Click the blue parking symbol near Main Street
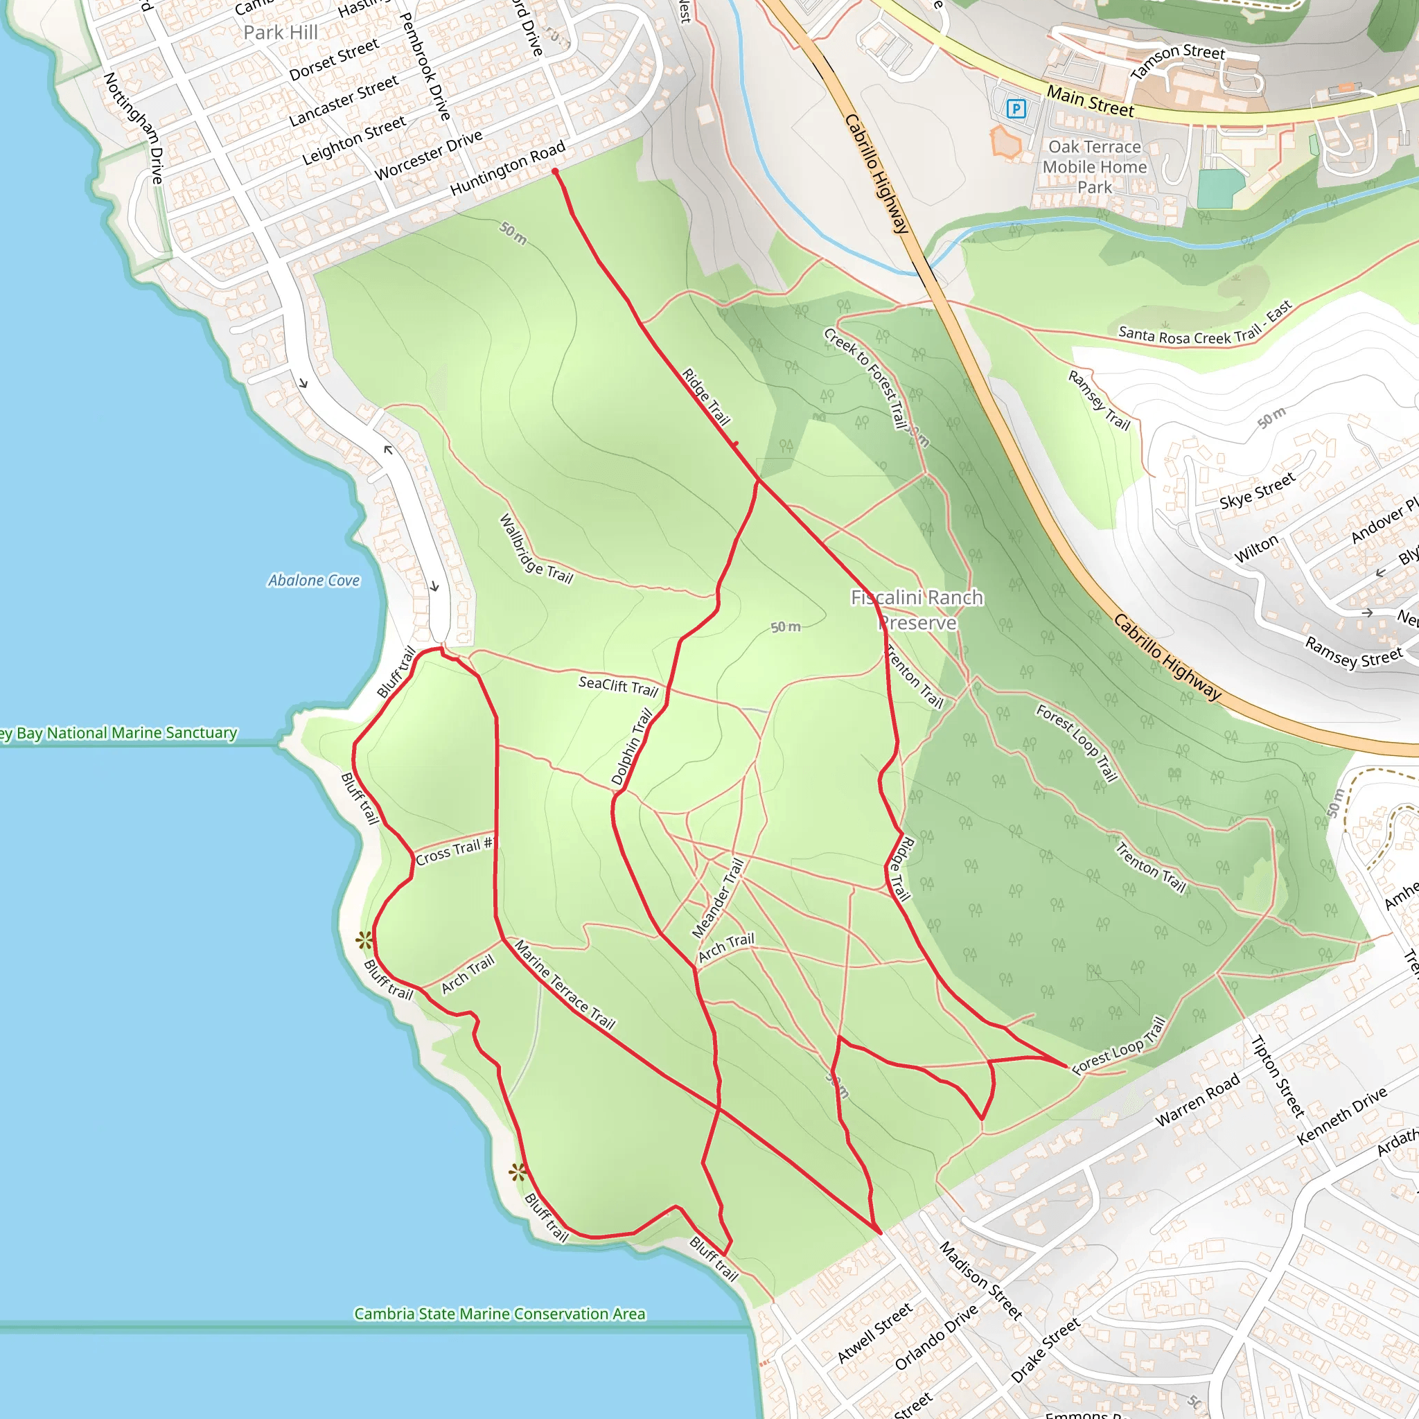(x=1016, y=109)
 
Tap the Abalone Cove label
(x=314, y=580)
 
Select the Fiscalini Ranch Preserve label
(x=917, y=610)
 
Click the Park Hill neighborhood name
(x=281, y=33)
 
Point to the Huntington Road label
(x=507, y=168)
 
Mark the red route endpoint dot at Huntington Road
(x=555, y=172)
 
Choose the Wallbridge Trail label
(x=536, y=549)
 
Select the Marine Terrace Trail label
(x=564, y=984)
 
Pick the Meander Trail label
(x=718, y=898)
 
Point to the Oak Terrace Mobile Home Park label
(x=1094, y=167)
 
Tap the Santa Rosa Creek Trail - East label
(x=1204, y=328)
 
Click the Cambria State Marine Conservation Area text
(x=500, y=1313)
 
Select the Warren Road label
(x=1197, y=1100)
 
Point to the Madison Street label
(x=980, y=1281)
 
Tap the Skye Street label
(x=1258, y=491)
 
